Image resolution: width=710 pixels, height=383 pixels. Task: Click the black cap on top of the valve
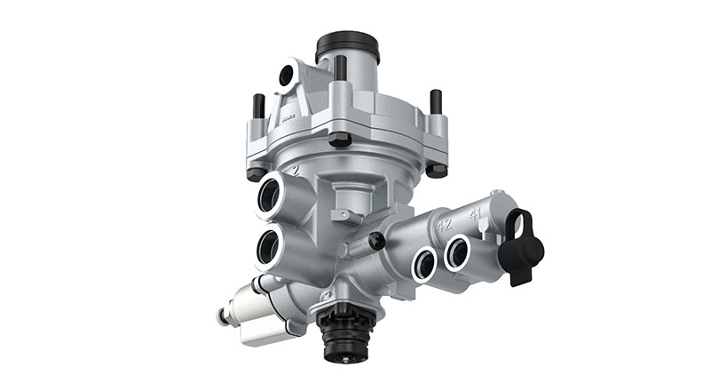point(347,45)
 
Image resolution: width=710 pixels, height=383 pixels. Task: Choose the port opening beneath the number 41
point(458,251)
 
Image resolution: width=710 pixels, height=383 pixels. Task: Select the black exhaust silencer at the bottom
point(342,336)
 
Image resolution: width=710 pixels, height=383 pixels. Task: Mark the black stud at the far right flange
point(436,101)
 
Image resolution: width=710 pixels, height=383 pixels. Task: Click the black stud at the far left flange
point(258,107)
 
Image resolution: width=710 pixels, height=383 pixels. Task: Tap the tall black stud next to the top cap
point(340,68)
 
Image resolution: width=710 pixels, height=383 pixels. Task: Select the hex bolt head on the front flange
point(341,139)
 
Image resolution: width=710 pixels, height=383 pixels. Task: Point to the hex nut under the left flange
point(256,172)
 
